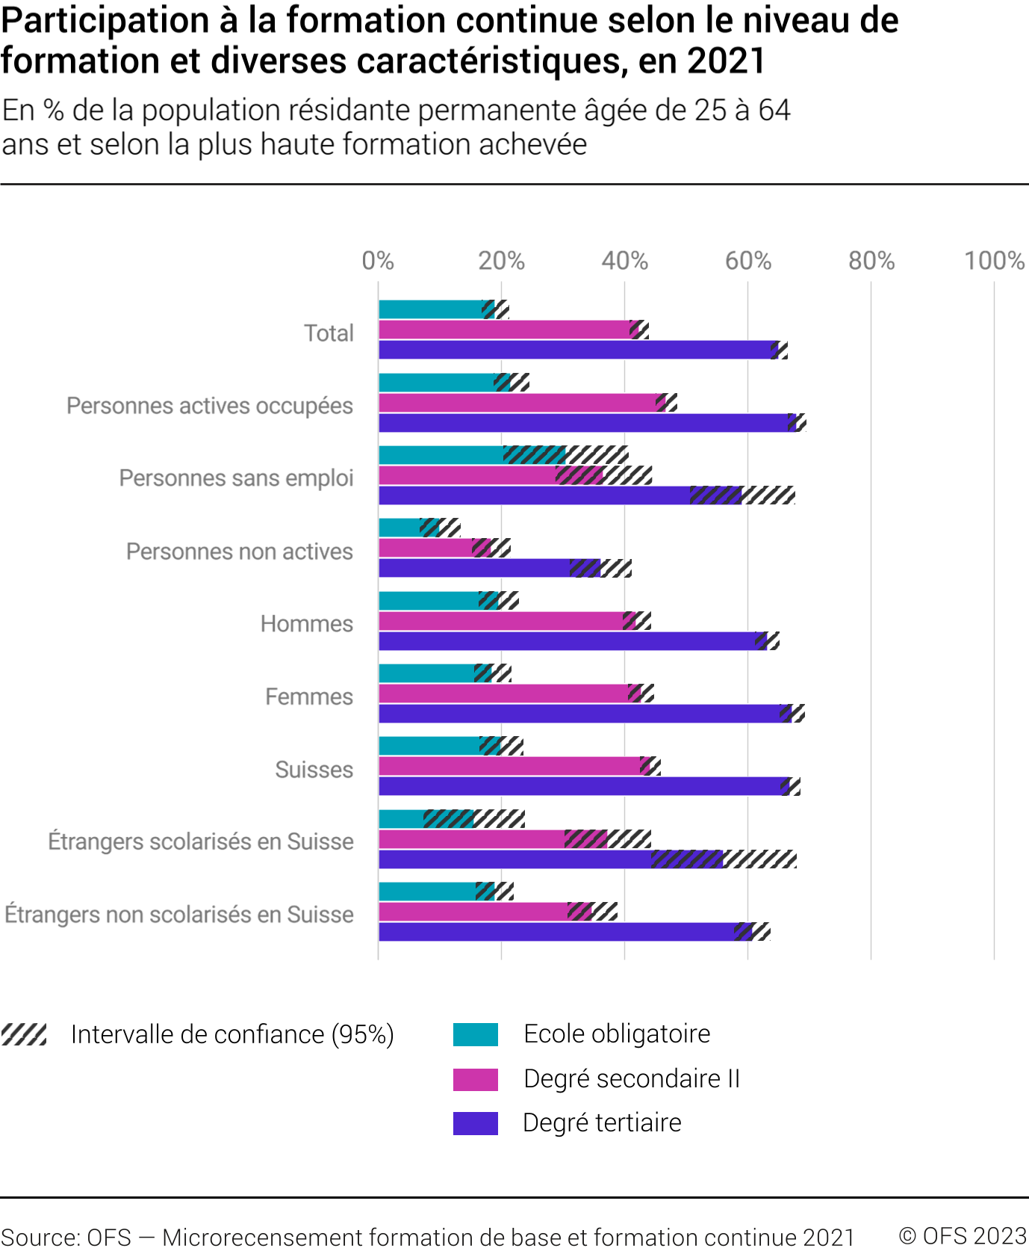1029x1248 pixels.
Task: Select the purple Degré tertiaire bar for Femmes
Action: (582, 714)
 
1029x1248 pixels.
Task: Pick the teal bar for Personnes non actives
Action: (400, 528)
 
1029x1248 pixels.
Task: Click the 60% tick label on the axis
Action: (747, 261)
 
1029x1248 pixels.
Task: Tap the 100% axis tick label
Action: (994, 261)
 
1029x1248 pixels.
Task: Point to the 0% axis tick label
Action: (378, 261)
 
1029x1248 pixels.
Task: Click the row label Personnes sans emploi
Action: (236, 478)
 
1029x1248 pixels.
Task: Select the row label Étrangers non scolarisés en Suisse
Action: (179, 915)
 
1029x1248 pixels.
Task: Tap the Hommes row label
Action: (306, 624)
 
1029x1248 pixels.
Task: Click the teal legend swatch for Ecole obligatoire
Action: (476, 1035)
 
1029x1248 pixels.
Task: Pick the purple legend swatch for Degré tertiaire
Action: (476, 1123)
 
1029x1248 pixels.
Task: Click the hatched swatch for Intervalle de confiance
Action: (24, 1035)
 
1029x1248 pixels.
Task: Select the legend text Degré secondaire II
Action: (632, 1079)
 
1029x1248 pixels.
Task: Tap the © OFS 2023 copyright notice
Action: (963, 1236)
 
